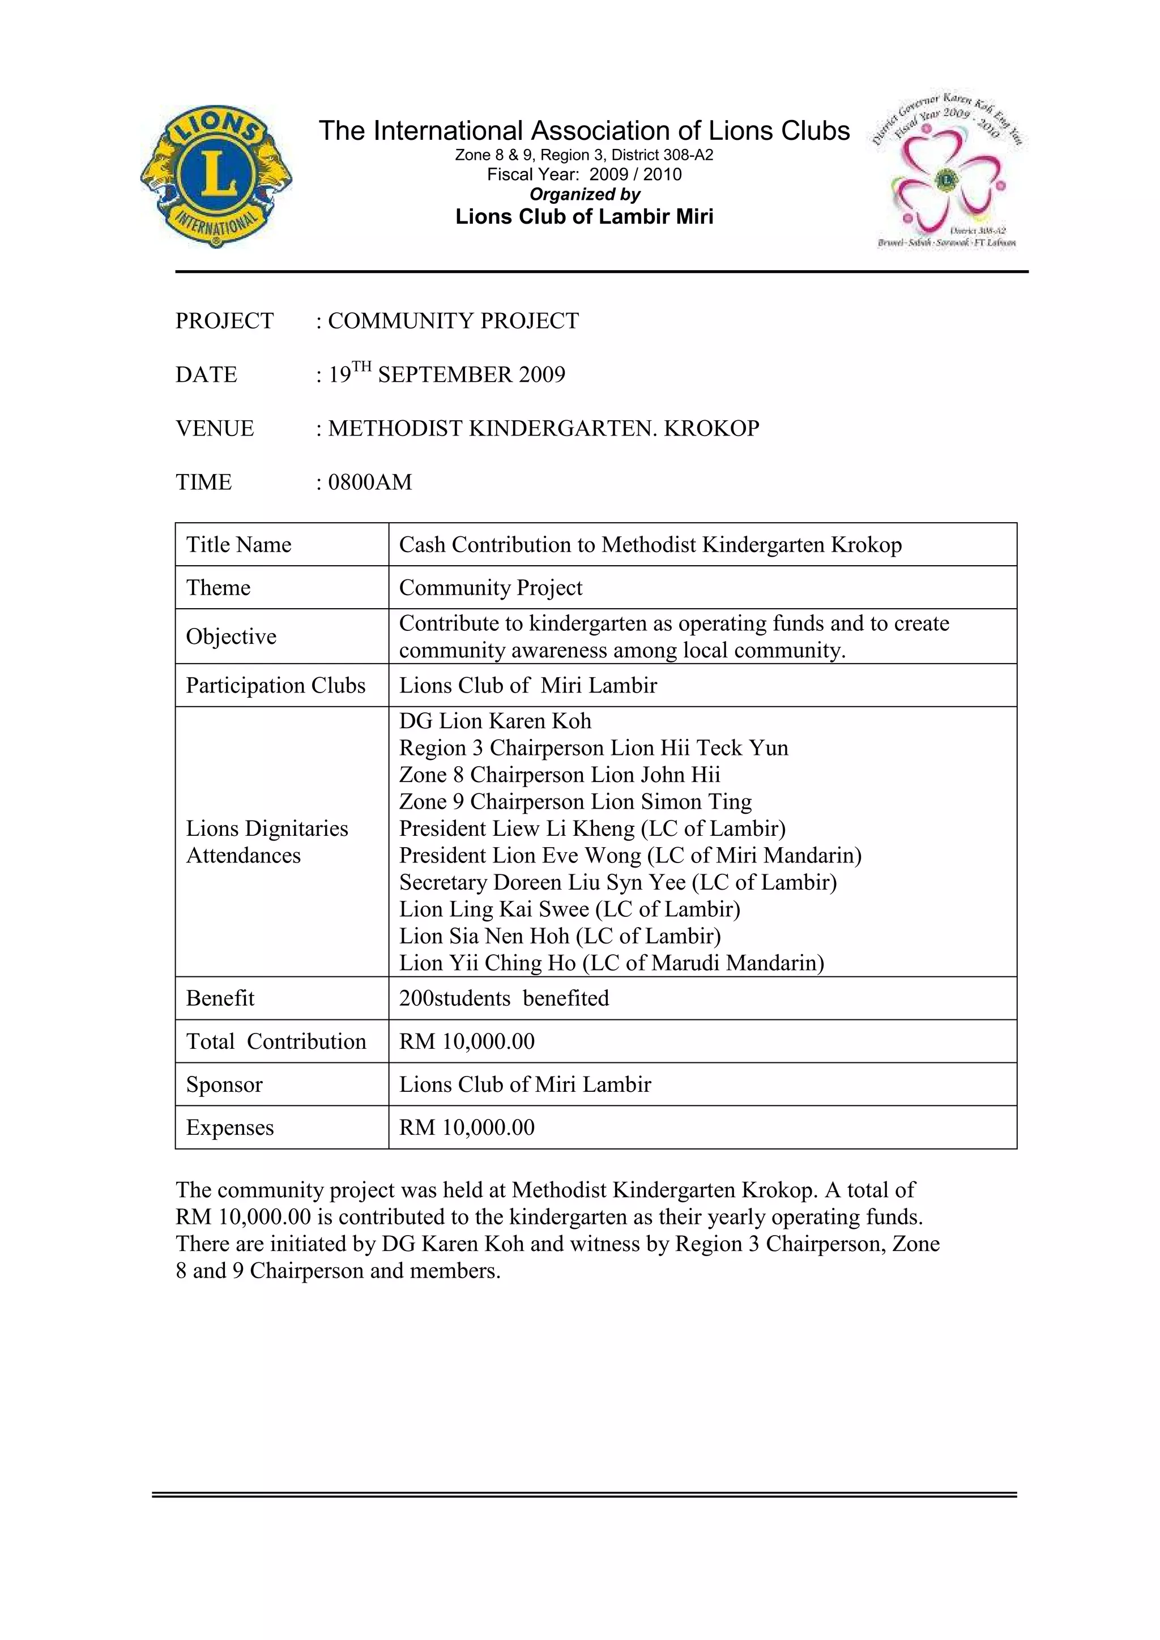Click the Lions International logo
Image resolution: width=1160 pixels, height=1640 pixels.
pos(216,176)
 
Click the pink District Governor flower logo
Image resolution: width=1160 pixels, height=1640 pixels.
pos(948,170)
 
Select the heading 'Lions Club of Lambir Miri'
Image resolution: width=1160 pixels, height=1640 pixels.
pos(585,216)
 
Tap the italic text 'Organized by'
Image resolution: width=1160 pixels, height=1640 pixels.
pos(585,194)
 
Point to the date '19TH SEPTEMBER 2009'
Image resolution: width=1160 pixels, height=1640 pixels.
pos(446,374)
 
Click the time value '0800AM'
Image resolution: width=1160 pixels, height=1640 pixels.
pos(369,482)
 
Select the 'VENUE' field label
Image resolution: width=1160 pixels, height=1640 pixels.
pos(214,429)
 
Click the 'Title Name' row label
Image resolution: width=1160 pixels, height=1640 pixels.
pos(238,545)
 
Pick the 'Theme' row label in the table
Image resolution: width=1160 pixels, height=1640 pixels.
pos(218,588)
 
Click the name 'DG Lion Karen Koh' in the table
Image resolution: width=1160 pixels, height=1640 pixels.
pos(495,721)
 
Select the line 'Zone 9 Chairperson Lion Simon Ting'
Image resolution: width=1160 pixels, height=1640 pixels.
pos(575,801)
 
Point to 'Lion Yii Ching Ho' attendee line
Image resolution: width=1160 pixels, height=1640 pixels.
pos(611,963)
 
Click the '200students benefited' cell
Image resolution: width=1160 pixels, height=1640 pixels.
pos(504,998)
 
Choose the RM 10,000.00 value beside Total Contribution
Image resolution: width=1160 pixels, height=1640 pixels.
pos(466,1041)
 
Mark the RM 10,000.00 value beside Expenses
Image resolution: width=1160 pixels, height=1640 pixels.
pos(466,1127)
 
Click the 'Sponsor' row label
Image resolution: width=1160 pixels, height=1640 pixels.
pos(224,1084)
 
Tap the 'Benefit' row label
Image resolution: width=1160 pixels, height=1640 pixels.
pos(220,998)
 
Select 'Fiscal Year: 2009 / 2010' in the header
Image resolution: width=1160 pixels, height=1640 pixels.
pos(585,174)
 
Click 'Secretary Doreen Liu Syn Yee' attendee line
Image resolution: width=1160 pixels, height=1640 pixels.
pos(618,882)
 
